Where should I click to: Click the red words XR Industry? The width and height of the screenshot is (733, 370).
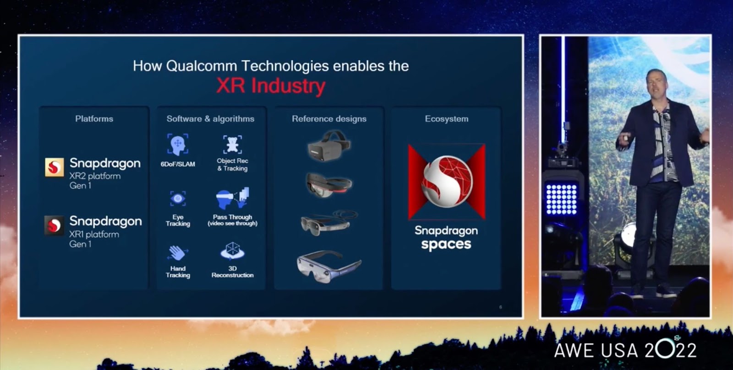[x=271, y=86]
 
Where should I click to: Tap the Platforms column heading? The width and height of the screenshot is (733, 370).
[x=94, y=119]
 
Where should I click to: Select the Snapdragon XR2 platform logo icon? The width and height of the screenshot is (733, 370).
[x=55, y=167]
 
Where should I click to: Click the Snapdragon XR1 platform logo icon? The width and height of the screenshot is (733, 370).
[x=55, y=225]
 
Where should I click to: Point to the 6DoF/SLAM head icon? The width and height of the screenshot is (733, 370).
[x=178, y=144]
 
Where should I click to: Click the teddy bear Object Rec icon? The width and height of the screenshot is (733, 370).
[x=232, y=145]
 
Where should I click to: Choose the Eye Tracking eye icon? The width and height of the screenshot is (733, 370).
[x=178, y=198]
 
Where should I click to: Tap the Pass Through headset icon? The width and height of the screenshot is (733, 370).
[x=232, y=198]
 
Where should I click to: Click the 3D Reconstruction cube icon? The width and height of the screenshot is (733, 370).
[x=232, y=251]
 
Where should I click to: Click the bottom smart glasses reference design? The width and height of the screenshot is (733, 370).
[x=329, y=266]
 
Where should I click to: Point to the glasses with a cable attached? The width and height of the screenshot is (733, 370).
[x=329, y=223]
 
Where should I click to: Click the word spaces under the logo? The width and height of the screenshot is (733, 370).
[x=446, y=245]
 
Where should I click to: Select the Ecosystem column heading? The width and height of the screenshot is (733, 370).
[x=447, y=119]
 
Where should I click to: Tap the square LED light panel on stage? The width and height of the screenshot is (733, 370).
[x=561, y=199]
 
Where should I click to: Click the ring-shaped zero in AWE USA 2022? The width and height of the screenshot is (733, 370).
[x=665, y=349]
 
